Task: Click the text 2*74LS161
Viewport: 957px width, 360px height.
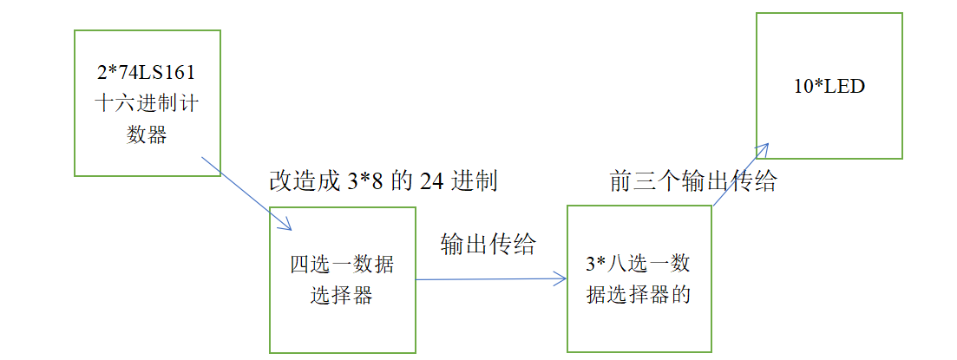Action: click(147, 72)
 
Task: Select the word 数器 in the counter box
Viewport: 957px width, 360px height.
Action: click(147, 134)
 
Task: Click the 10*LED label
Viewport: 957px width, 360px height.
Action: click(829, 87)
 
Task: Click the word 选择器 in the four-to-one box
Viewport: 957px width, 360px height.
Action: click(341, 295)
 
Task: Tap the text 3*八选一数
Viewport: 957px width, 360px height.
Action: click(639, 264)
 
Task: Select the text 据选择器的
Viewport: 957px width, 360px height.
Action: click(639, 295)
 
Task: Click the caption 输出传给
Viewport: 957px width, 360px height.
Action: click(488, 244)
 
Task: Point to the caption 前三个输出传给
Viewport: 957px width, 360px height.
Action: click(692, 181)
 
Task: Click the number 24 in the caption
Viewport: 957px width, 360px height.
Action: click(432, 181)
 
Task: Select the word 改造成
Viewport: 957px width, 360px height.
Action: click(300, 181)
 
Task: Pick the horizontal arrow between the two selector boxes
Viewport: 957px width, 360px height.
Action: click(491, 279)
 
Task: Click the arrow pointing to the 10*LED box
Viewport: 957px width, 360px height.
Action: click(740, 176)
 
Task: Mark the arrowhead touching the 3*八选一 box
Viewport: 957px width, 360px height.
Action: click(560, 279)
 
